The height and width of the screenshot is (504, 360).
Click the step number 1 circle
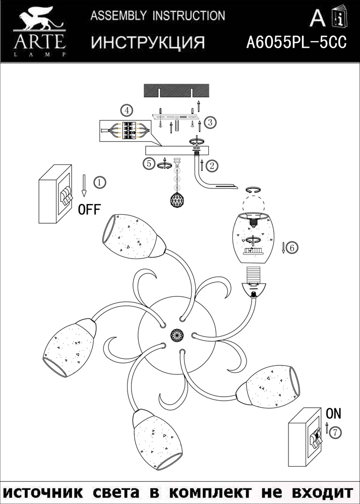[100, 182]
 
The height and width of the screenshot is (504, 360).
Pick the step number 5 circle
[148, 163]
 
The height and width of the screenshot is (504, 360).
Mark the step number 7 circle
[336, 432]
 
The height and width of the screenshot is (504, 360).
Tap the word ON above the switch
[333, 414]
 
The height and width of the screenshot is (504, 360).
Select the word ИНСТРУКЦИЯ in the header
[148, 43]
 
